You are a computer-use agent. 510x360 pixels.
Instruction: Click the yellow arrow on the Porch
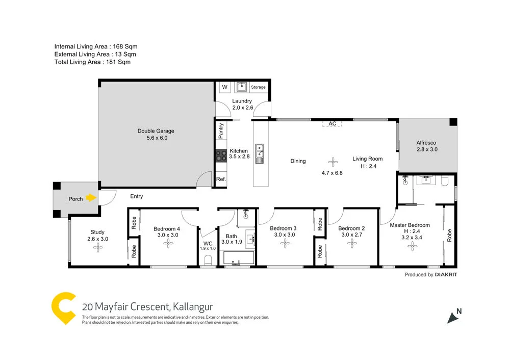pyautogui.click(x=91, y=198)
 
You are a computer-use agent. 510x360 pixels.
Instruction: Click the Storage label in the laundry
pyautogui.click(x=258, y=87)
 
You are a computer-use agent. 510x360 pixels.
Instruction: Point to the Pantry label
pyautogui.click(x=221, y=130)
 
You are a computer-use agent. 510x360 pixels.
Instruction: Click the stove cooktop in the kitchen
pyautogui.click(x=221, y=156)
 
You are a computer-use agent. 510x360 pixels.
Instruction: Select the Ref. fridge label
pyautogui.click(x=221, y=179)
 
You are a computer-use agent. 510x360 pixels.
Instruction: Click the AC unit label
pyautogui.click(x=332, y=124)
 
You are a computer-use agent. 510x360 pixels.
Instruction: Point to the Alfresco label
pyautogui.click(x=427, y=146)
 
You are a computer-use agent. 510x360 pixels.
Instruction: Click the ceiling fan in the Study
pyautogui.click(x=98, y=248)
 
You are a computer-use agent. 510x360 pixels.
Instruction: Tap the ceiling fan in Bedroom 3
pyautogui.click(x=285, y=244)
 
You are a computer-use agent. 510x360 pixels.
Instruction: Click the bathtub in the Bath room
pyautogui.click(x=237, y=259)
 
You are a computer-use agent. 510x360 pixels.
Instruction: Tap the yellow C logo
pyautogui.click(x=64, y=308)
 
